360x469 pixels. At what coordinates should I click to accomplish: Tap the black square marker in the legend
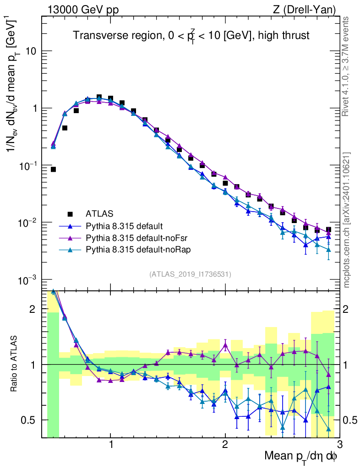[x=71, y=213]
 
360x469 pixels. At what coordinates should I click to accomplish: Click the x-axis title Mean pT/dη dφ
[x=301, y=457]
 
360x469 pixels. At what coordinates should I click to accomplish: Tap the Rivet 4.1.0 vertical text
[x=347, y=66]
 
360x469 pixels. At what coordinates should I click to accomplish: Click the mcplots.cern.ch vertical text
[x=347, y=220]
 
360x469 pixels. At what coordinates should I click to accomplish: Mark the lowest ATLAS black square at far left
[x=53, y=169]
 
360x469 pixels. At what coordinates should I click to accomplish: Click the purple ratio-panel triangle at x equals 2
[x=225, y=345]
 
